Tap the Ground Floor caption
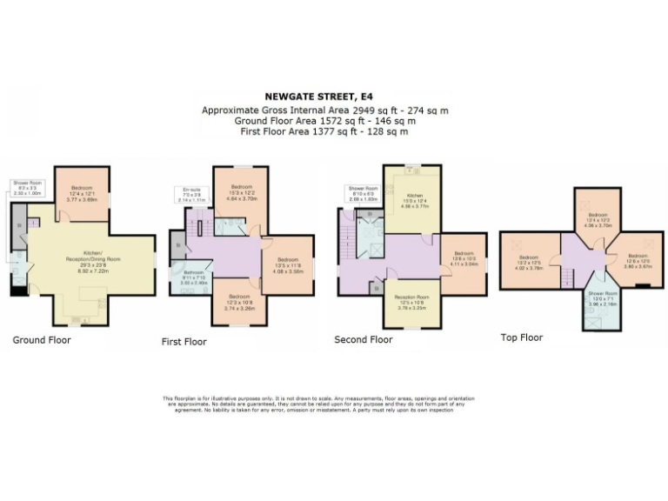point(42,340)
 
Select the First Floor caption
point(184,342)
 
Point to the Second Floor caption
point(364,340)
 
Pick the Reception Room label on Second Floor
point(412,302)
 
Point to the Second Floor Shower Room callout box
point(362,193)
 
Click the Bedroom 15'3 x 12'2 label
point(241,192)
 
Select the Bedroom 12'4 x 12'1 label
point(83,193)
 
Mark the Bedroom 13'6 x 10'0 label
point(464,258)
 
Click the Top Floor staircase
point(566,277)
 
